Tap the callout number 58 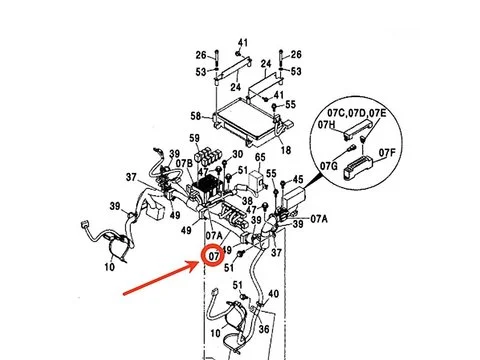pyautogui.click(x=196, y=116)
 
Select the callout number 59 pyautogui.click(x=194, y=138)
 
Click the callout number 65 pyautogui.click(x=260, y=157)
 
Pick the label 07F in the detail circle pyautogui.click(x=387, y=153)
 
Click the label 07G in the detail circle pyautogui.click(x=329, y=166)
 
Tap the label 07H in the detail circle pyautogui.click(x=326, y=125)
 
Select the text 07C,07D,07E pyautogui.click(x=357, y=113)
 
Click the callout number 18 pyautogui.click(x=286, y=150)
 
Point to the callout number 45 pyautogui.click(x=298, y=180)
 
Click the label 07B pyautogui.click(x=184, y=164)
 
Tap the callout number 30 pyautogui.click(x=237, y=154)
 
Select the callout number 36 pyautogui.click(x=264, y=329)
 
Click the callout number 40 pyautogui.click(x=273, y=294)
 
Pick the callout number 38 pyautogui.click(x=247, y=201)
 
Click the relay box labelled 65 pyautogui.click(x=257, y=181)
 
